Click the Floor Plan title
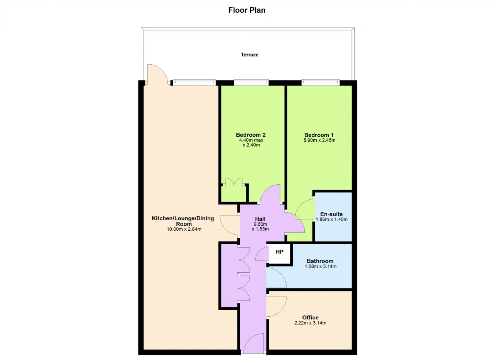click(247, 10)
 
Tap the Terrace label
click(249, 55)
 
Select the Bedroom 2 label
click(251, 135)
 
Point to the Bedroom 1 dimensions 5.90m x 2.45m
click(319, 140)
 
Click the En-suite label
click(331, 214)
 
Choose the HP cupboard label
click(280, 252)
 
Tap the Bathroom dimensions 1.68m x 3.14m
click(321, 266)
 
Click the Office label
click(310, 317)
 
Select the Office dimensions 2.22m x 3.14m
click(310, 323)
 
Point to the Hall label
click(260, 219)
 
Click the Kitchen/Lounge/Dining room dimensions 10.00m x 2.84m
click(184, 229)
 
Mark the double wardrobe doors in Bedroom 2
click(234, 182)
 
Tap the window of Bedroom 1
click(321, 82)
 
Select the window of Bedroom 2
click(251, 82)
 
